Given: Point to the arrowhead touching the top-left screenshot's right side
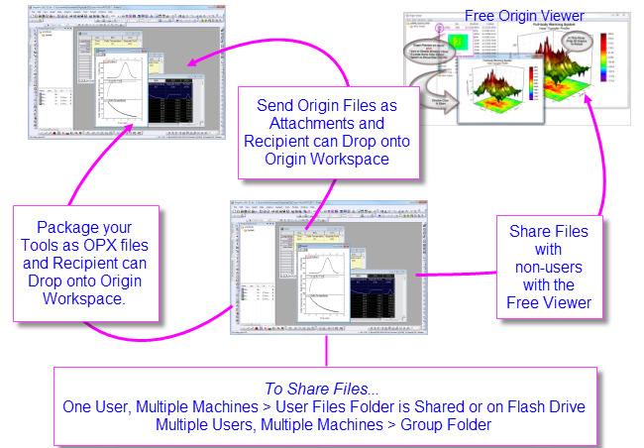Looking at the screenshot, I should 192,63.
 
